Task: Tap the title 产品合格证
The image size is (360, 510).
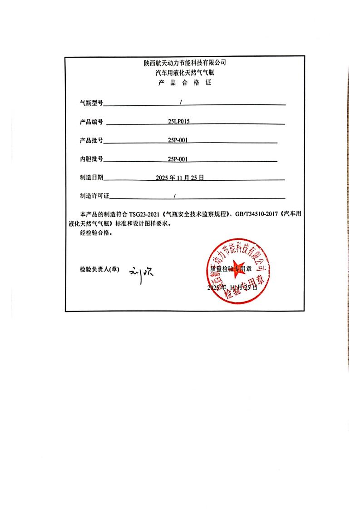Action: click(184, 83)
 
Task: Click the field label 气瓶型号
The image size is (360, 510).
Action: click(91, 103)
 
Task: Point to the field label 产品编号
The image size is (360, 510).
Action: click(91, 122)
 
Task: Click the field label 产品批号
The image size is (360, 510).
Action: click(91, 140)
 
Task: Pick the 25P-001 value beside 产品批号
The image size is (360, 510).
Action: click(178, 140)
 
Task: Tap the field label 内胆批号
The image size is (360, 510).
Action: click(91, 159)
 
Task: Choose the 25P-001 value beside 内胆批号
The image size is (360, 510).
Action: click(178, 159)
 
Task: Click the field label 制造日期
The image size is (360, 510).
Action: click(91, 178)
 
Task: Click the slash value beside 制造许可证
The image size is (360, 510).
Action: click(175, 196)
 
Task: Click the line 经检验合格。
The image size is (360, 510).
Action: click(95, 233)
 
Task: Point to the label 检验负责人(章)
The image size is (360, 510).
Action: click(99, 269)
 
